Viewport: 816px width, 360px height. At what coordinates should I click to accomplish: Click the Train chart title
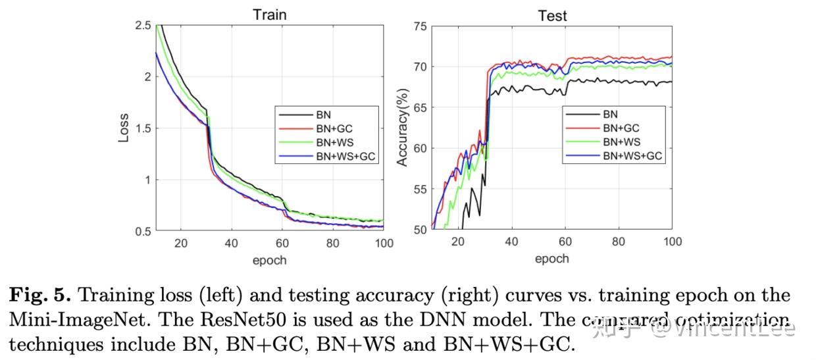270,14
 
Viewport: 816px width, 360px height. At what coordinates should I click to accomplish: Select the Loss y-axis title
124,128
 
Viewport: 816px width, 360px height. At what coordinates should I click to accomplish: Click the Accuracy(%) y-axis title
402,128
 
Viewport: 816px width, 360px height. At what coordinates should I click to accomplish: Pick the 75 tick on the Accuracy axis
420,26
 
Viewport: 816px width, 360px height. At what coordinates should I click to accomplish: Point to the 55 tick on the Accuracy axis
420,190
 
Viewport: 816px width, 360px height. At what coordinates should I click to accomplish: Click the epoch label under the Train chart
270,260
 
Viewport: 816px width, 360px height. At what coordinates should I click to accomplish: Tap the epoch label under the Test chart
551,259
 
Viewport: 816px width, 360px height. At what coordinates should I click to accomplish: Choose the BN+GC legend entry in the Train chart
338,128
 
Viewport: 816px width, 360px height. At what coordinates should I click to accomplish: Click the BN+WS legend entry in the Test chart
621,142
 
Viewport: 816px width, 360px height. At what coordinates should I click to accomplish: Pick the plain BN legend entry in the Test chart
610,114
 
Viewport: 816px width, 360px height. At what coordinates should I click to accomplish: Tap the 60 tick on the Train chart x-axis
282,244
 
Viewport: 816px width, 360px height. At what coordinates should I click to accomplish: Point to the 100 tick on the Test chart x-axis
671,242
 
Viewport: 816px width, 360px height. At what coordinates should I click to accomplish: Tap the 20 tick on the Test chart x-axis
459,242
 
